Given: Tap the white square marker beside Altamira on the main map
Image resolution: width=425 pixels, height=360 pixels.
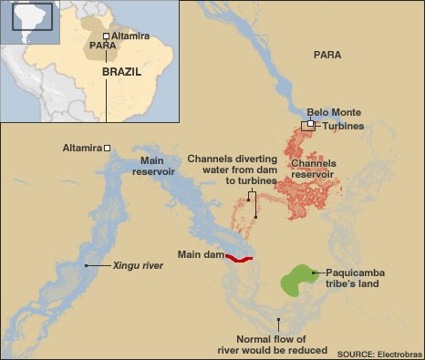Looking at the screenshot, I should click(x=108, y=148).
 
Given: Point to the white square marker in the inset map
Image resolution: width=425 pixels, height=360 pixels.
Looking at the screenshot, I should click(x=106, y=36).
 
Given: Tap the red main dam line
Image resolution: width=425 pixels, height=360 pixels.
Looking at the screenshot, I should click(x=239, y=258).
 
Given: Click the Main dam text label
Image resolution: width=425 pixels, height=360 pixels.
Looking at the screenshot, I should click(x=200, y=254).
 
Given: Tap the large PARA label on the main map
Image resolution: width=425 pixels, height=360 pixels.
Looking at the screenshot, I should click(x=327, y=56).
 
